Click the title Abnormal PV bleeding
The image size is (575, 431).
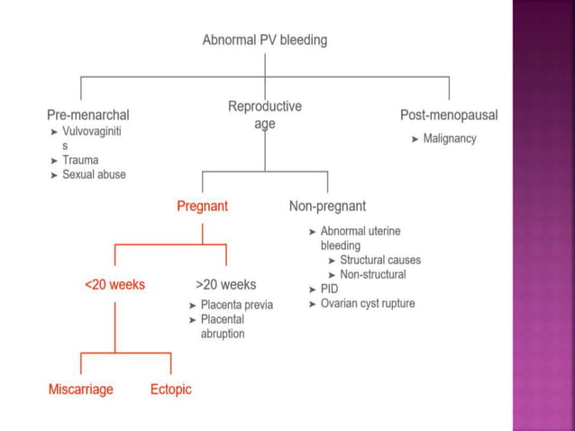click(x=264, y=41)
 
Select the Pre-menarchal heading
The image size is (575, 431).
click(x=87, y=115)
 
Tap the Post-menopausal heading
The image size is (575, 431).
click(x=449, y=115)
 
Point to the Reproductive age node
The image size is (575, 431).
click(x=265, y=115)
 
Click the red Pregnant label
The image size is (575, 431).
click(x=202, y=206)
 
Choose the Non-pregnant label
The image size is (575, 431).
click(x=327, y=206)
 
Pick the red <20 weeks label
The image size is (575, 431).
click(x=114, y=284)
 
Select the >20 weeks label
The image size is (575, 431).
click(x=225, y=284)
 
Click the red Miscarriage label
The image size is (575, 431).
click(x=81, y=390)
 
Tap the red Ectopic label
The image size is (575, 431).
click(x=170, y=390)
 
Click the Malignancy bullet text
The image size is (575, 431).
click(x=450, y=139)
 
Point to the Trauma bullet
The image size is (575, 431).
click(x=80, y=160)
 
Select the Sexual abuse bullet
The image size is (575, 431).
click(x=94, y=174)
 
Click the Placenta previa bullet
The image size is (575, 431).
click(x=236, y=305)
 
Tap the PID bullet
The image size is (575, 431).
click(x=329, y=289)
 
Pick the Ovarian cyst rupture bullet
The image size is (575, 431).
click(x=368, y=303)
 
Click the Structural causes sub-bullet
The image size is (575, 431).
click(x=380, y=260)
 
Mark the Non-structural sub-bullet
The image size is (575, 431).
click(x=373, y=274)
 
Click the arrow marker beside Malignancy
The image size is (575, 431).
click(x=415, y=139)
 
